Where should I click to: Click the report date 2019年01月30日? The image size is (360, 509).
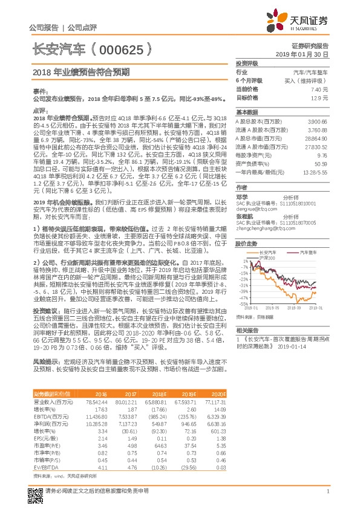point(307,54)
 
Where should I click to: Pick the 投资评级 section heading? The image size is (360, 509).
point(247,63)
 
